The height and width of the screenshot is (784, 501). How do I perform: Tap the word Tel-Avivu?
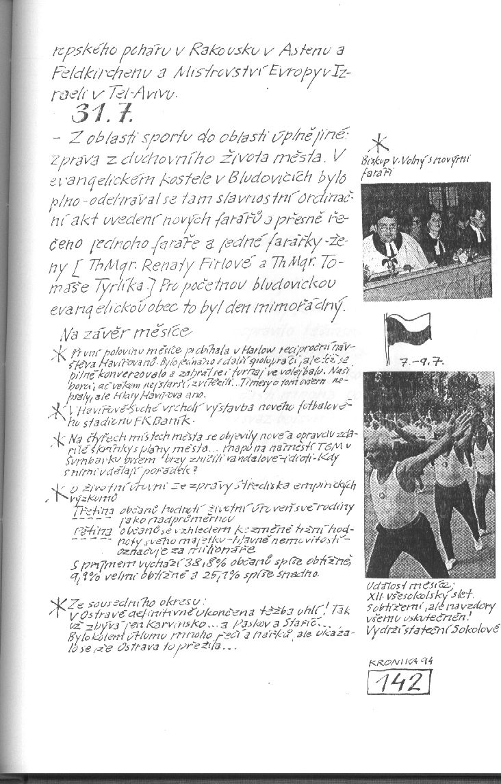tap(142, 93)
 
